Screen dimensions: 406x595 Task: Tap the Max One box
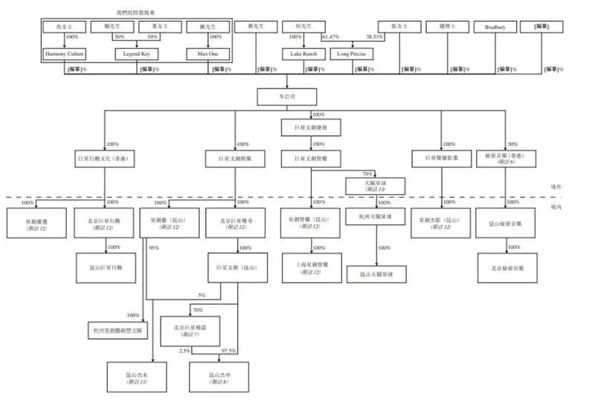(208, 54)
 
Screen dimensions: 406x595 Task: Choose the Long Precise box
(352, 54)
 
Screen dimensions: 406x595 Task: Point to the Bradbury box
(495, 28)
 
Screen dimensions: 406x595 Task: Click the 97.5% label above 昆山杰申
(229, 350)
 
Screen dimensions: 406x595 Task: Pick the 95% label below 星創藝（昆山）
(154, 248)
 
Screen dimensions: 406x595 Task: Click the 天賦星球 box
(376, 185)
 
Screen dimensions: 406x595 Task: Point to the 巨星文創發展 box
(312, 128)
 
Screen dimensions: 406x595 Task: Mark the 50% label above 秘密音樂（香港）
(512, 144)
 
